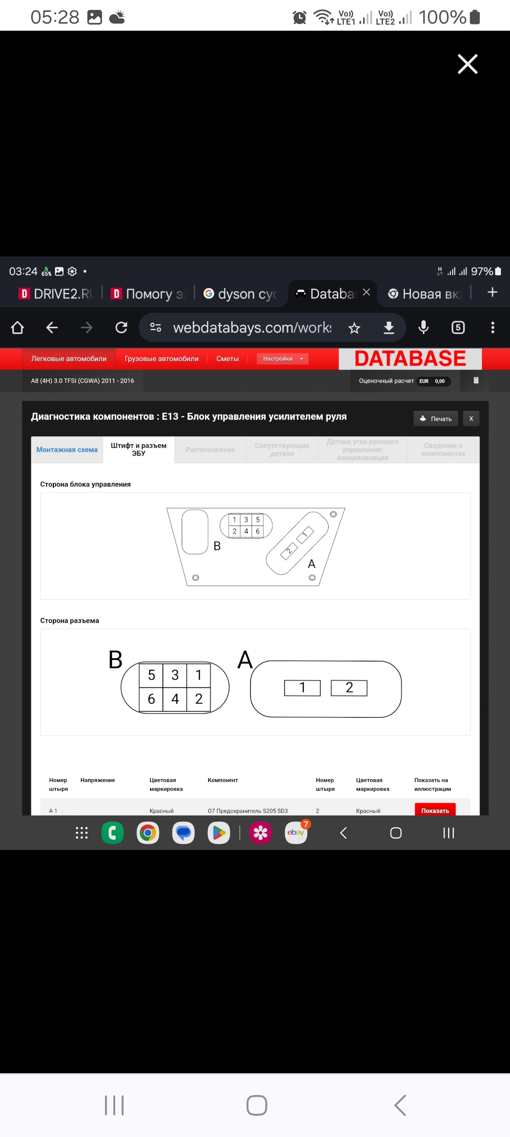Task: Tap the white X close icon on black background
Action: [x=467, y=64]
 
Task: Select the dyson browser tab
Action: [x=241, y=294]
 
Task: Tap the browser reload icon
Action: [x=121, y=327]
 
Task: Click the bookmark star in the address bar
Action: [x=354, y=328]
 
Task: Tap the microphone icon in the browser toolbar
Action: [x=424, y=327]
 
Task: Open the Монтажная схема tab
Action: [x=67, y=450]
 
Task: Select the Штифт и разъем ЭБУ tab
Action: [x=138, y=450]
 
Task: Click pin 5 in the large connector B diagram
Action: [x=151, y=675]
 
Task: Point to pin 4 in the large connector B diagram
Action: [x=175, y=699]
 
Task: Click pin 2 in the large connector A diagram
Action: [x=349, y=687]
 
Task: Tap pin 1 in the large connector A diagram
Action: [x=302, y=687]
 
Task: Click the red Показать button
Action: [x=435, y=810]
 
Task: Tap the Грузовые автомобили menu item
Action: [x=161, y=359]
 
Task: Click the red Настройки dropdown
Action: [x=282, y=359]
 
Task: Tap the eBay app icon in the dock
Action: [x=296, y=832]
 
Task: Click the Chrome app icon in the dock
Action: [x=148, y=833]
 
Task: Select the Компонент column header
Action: [x=223, y=780]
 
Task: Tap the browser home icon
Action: [x=17, y=327]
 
